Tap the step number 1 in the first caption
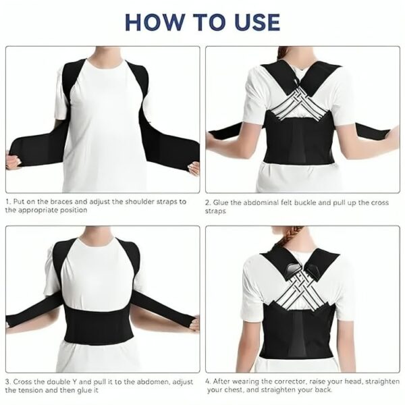point(7,201)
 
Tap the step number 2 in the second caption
point(208,201)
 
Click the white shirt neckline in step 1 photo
point(101,61)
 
